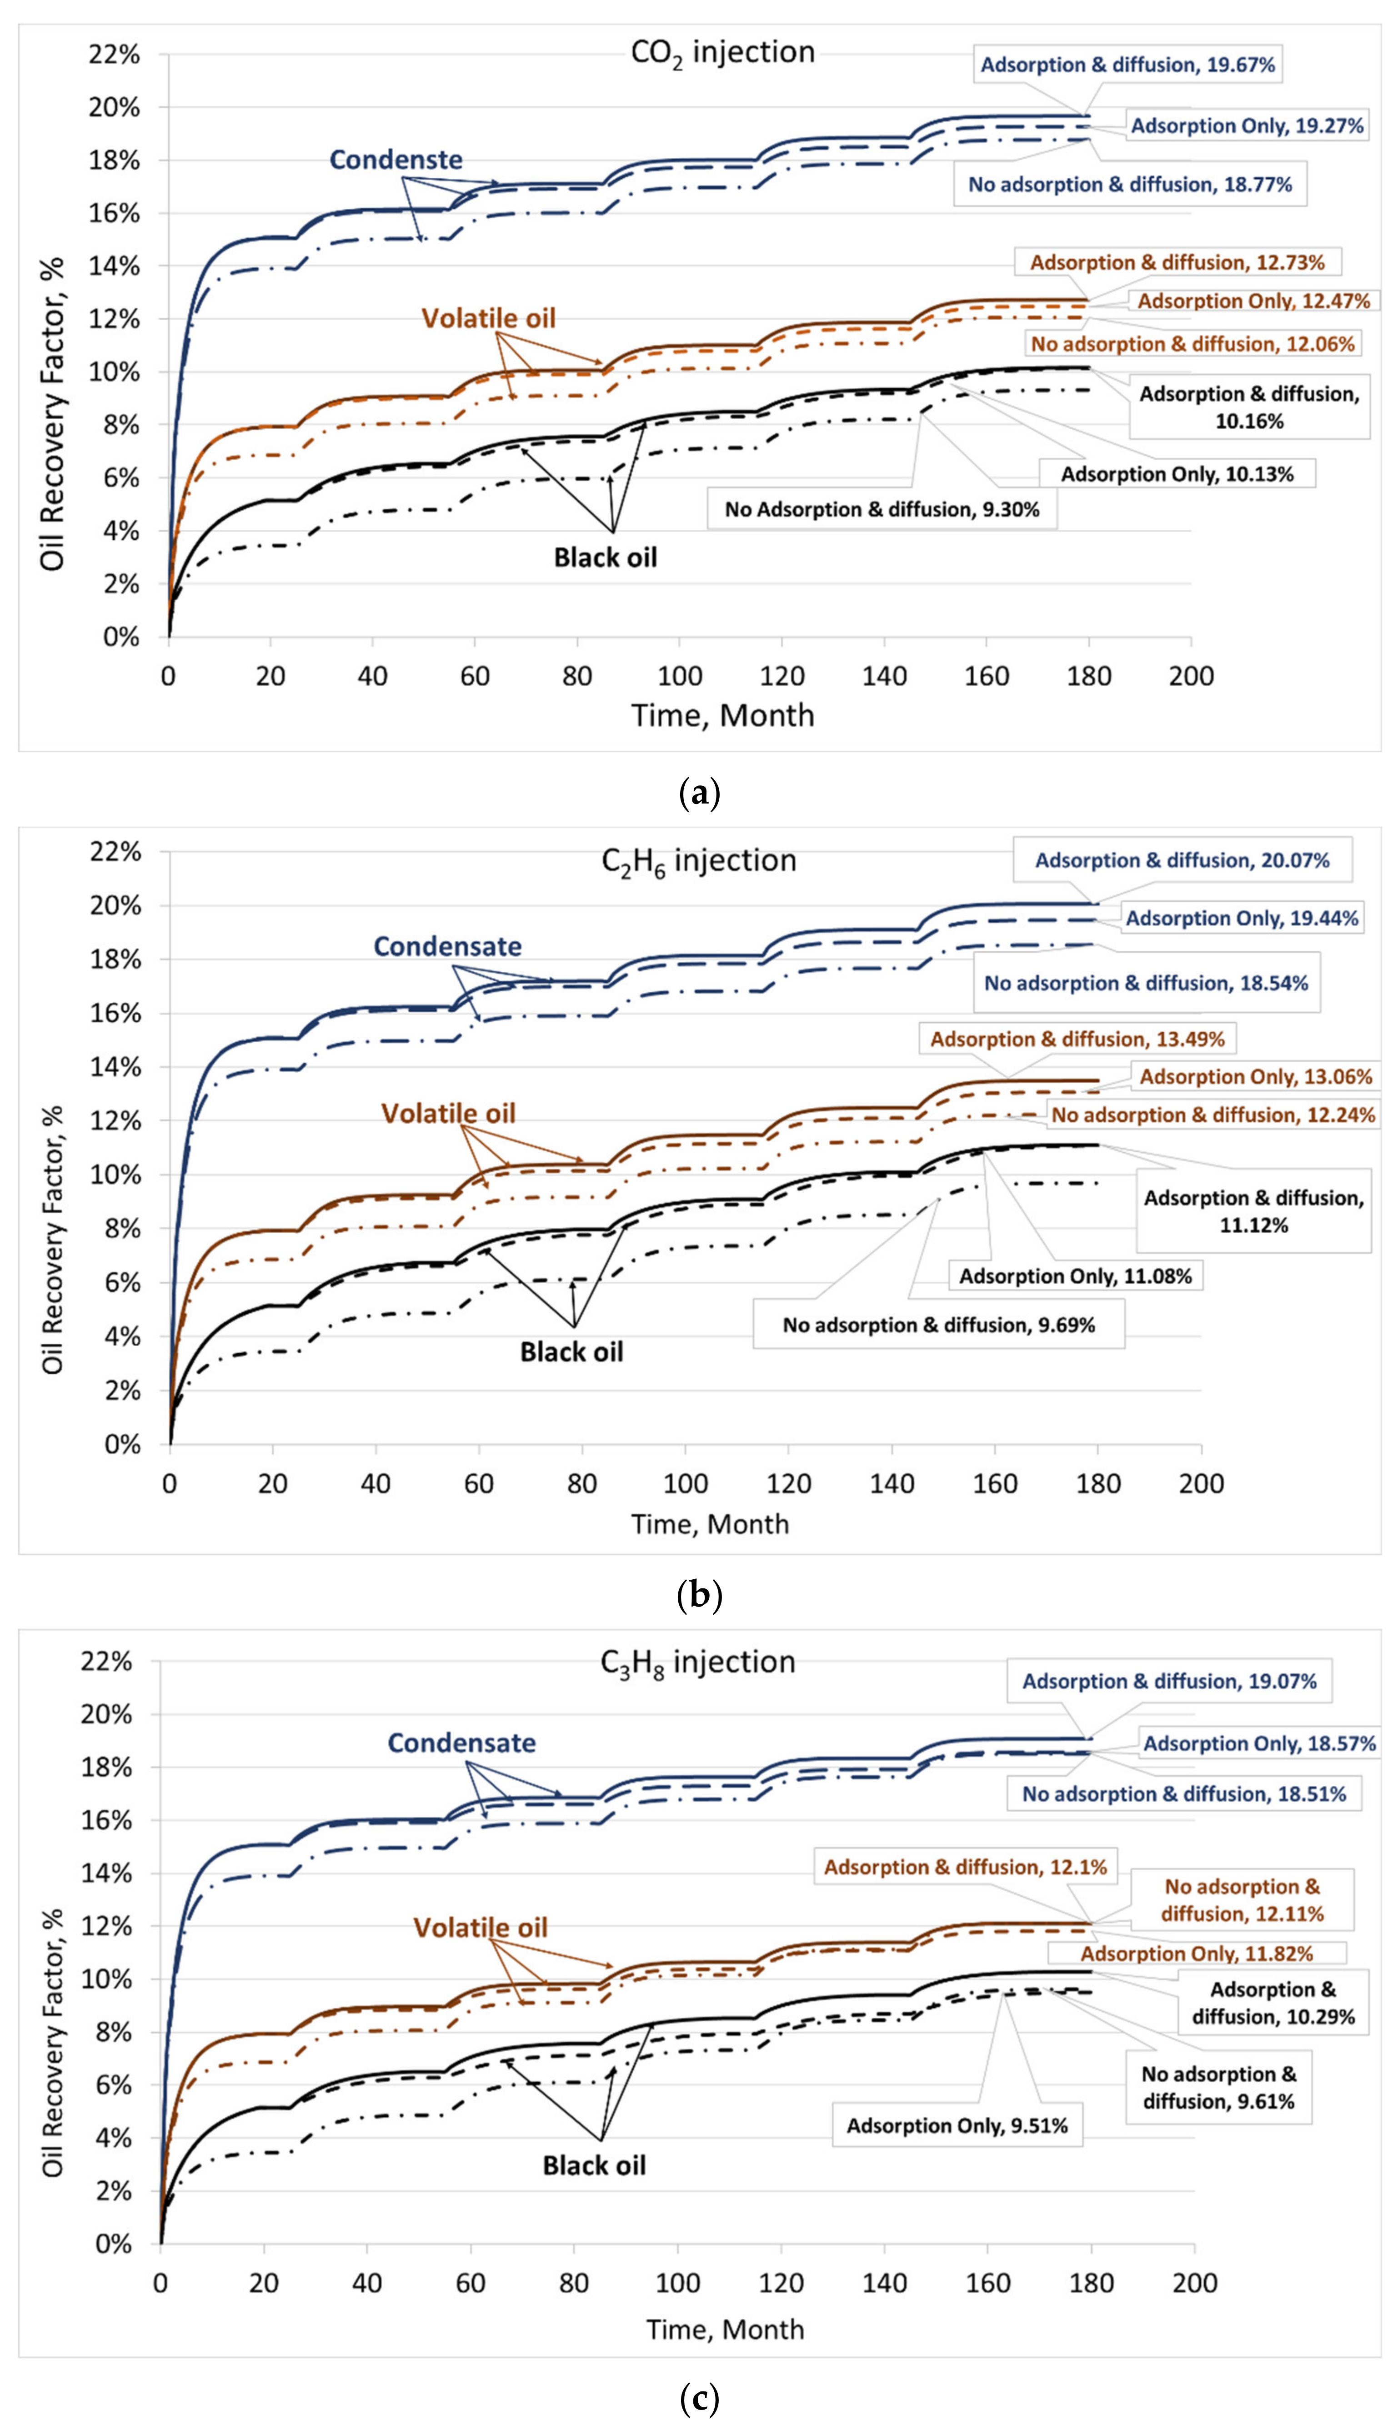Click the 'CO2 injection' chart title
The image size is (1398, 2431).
point(722,53)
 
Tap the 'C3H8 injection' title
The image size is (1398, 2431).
point(698,1662)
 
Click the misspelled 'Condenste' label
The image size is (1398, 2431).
point(396,159)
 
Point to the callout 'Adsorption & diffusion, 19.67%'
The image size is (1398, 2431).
point(1127,65)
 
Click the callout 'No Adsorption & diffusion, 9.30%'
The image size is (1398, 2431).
point(882,510)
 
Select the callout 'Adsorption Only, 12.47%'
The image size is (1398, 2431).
point(1253,301)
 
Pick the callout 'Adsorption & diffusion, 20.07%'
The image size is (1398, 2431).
point(1182,860)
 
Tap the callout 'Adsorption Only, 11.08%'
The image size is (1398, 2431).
point(1075,1276)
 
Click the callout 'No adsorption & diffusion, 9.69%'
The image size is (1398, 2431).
point(938,1325)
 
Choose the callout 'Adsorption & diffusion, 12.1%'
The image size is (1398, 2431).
point(965,1867)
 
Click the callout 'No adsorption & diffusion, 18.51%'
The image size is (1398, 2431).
point(1184,1793)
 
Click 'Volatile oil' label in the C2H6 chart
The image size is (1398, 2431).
point(448,1114)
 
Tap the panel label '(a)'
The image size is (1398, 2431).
point(699,793)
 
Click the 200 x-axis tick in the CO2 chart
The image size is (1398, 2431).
point(1191,676)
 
